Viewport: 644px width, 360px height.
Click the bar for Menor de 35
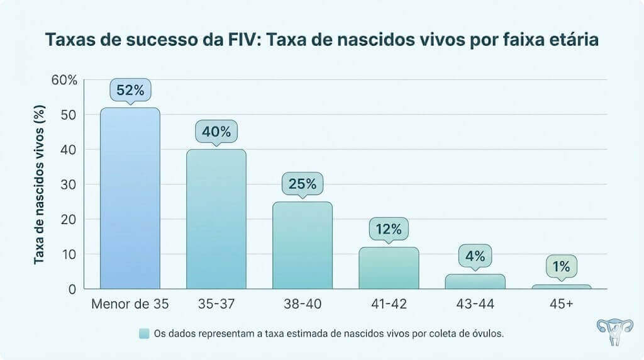coord(130,198)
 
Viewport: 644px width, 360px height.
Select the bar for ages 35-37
coord(216,219)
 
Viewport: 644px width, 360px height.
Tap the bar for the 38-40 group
coord(303,245)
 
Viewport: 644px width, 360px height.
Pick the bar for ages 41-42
coord(389,267)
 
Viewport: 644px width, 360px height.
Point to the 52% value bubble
coord(130,90)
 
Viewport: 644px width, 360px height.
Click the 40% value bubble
coord(216,132)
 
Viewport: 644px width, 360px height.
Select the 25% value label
coord(303,184)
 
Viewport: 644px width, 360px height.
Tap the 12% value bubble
coord(389,229)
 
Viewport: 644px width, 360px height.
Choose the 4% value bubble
coord(475,256)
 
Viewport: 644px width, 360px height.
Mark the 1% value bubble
coord(561,267)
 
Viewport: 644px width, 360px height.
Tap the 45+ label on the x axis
coord(561,304)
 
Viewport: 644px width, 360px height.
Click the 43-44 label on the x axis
coord(475,304)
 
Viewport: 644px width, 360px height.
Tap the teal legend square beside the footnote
coord(144,334)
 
